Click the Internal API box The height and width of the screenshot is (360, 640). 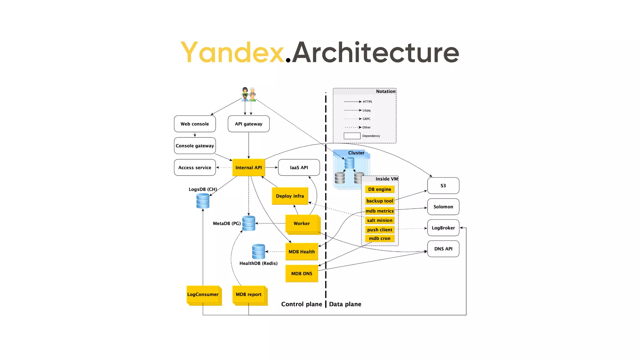(248, 167)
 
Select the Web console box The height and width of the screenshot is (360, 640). (195, 124)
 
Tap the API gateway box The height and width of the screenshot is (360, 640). (248, 124)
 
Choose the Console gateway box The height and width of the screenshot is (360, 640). (195, 146)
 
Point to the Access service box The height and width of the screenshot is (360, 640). (195, 167)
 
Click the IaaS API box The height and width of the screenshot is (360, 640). (299, 167)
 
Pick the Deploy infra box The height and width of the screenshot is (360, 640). (290, 196)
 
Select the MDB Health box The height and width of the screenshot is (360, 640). (302, 252)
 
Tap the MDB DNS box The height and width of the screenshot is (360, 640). (302, 273)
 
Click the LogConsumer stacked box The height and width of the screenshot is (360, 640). (203, 294)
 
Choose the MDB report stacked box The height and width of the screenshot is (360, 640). (249, 294)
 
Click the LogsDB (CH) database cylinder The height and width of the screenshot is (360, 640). (203, 201)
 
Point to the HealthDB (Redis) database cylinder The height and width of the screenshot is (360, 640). (258, 252)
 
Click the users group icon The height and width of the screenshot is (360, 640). (249, 94)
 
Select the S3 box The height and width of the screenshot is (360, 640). (443, 186)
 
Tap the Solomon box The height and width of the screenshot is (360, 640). (443, 207)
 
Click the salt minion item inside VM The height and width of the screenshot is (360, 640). (380, 220)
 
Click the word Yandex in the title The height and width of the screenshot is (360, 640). (232, 52)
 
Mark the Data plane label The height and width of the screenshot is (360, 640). (345, 304)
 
